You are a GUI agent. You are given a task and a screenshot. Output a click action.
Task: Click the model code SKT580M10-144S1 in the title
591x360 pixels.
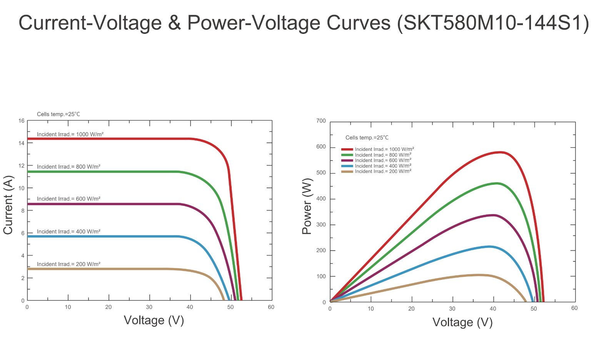(492, 23)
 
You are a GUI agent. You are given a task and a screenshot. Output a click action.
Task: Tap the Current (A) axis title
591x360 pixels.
(8, 205)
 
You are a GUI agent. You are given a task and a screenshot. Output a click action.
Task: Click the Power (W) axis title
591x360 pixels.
(307, 206)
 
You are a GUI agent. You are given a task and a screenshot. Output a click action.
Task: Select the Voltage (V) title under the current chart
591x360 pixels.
(154, 320)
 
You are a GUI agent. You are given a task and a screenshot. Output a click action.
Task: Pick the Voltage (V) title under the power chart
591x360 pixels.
(462, 322)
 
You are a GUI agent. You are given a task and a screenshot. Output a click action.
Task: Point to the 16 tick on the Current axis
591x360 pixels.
(21, 121)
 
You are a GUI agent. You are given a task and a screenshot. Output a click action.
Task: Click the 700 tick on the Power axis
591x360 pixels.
(321, 121)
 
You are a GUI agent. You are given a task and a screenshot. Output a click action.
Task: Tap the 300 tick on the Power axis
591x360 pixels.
(321, 224)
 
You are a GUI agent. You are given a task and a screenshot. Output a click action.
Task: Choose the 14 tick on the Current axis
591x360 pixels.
(21, 143)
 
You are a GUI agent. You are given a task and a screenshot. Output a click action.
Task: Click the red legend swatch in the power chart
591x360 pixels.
(347, 149)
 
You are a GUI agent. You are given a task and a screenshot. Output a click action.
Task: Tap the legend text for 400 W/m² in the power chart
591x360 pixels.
(383, 166)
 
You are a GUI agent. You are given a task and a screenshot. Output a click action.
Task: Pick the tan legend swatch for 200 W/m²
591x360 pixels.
(347, 172)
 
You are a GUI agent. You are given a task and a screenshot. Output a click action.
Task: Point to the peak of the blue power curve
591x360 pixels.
(489, 246)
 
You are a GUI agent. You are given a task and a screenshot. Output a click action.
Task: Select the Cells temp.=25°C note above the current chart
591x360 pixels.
(58, 114)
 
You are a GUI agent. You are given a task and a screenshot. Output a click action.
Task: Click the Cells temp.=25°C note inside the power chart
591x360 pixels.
(367, 138)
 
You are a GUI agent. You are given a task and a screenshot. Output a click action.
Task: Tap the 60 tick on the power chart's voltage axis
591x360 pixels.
(574, 308)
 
